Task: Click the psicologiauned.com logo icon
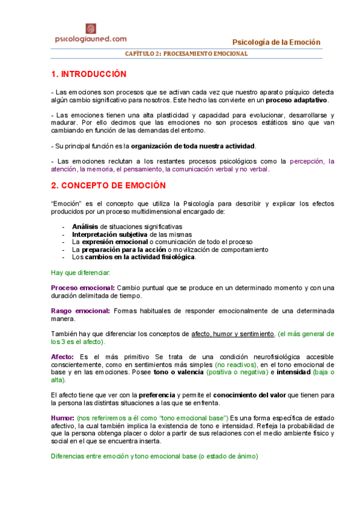coord(91,28)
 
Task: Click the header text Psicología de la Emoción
coord(276,41)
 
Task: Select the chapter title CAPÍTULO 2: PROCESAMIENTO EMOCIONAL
coord(186,54)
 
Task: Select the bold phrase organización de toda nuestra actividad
coord(193,146)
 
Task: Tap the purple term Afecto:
coord(63,357)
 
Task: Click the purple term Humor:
coord(63,417)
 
